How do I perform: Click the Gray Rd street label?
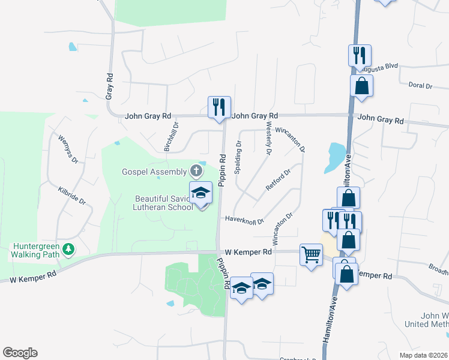109,86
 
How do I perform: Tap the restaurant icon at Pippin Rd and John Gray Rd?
218,107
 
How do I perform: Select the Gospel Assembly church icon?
196,172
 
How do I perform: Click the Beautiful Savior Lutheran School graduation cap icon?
201,193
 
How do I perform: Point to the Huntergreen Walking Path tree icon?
69,248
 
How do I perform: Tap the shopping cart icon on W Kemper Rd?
311,255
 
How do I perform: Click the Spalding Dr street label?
238,157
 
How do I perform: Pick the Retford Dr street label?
278,180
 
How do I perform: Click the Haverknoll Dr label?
244,220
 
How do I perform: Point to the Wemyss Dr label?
68,149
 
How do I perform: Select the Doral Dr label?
420,86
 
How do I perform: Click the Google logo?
20,353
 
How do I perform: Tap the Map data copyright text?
424,355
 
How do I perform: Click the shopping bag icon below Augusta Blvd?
362,86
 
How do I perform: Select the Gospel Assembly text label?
154,172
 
